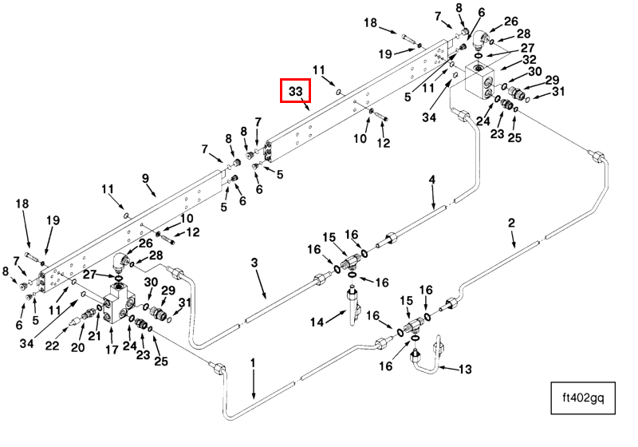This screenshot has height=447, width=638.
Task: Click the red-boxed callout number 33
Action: point(295,92)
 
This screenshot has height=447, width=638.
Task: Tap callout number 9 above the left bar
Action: point(146,178)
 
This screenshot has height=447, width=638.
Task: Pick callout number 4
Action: point(432,180)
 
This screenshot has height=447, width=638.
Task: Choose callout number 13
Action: point(466,369)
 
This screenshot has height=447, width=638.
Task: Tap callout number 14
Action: point(317,322)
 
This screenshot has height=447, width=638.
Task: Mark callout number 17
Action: point(112,349)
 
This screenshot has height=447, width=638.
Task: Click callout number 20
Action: point(77,347)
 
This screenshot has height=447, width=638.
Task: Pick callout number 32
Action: point(529,59)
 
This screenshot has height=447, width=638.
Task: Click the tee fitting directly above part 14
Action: point(348,260)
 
